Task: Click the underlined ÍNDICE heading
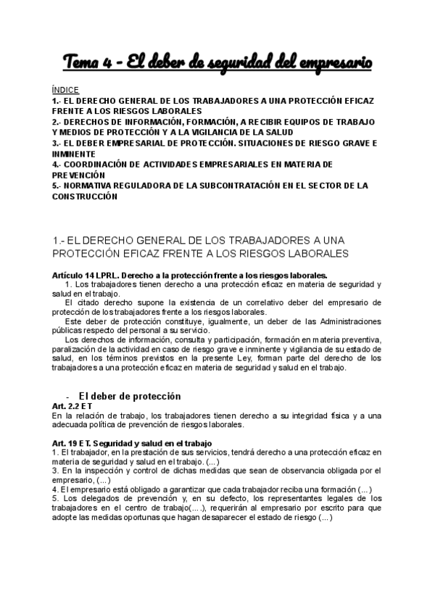coord(66,90)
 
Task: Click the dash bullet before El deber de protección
coord(67,396)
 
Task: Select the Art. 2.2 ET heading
coord(72,406)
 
